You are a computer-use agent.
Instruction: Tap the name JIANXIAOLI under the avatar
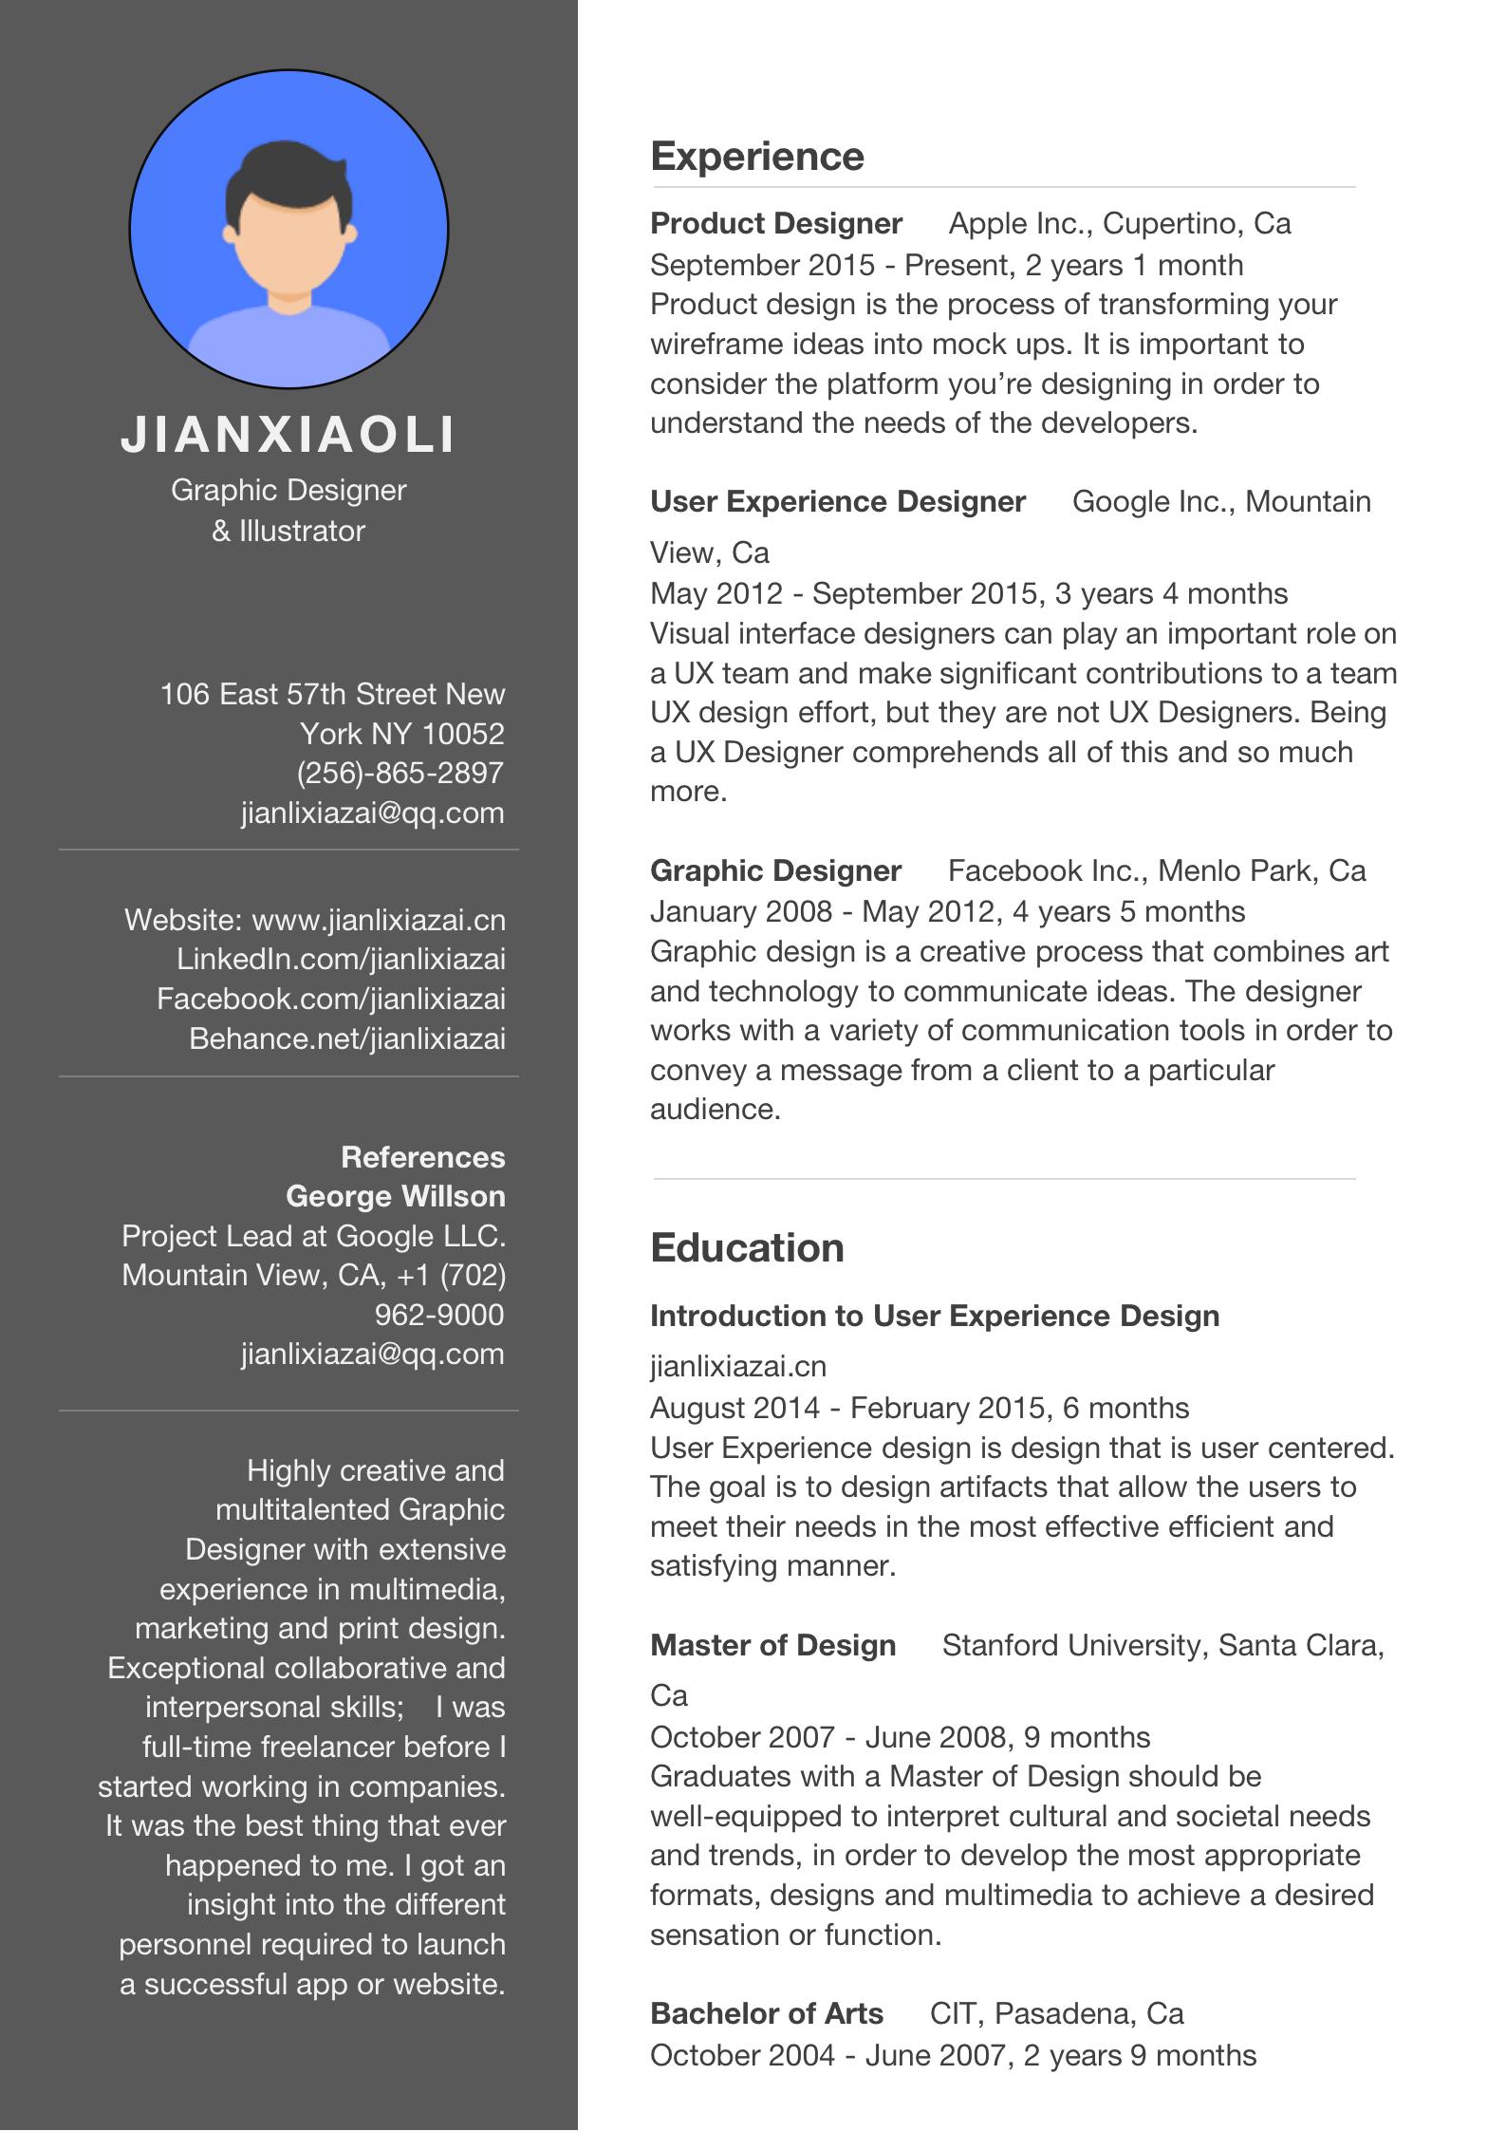[288, 435]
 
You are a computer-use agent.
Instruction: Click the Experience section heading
[756, 157]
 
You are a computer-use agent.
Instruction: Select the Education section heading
[747, 1247]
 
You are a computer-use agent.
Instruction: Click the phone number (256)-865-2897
[400, 773]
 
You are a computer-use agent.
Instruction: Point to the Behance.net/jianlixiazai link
[346, 1038]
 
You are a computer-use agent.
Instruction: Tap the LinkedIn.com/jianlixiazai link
[341, 959]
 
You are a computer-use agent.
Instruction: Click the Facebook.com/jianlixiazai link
[330, 999]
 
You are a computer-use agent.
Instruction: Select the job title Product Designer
[775, 223]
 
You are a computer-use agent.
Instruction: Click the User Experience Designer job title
[837, 501]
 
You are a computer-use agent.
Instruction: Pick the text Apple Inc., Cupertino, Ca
[1120, 223]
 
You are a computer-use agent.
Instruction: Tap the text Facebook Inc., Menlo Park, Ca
[1157, 870]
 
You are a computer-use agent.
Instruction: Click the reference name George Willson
[395, 1196]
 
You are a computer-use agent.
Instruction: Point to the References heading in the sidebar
[422, 1157]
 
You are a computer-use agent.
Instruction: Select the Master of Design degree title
[772, 1645]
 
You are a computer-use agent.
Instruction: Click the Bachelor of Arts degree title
[766, 2013]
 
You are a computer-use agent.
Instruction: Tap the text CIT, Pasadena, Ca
[1056, 2013]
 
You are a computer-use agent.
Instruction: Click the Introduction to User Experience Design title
[934, 1316]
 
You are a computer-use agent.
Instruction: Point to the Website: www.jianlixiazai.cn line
[314, 920]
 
